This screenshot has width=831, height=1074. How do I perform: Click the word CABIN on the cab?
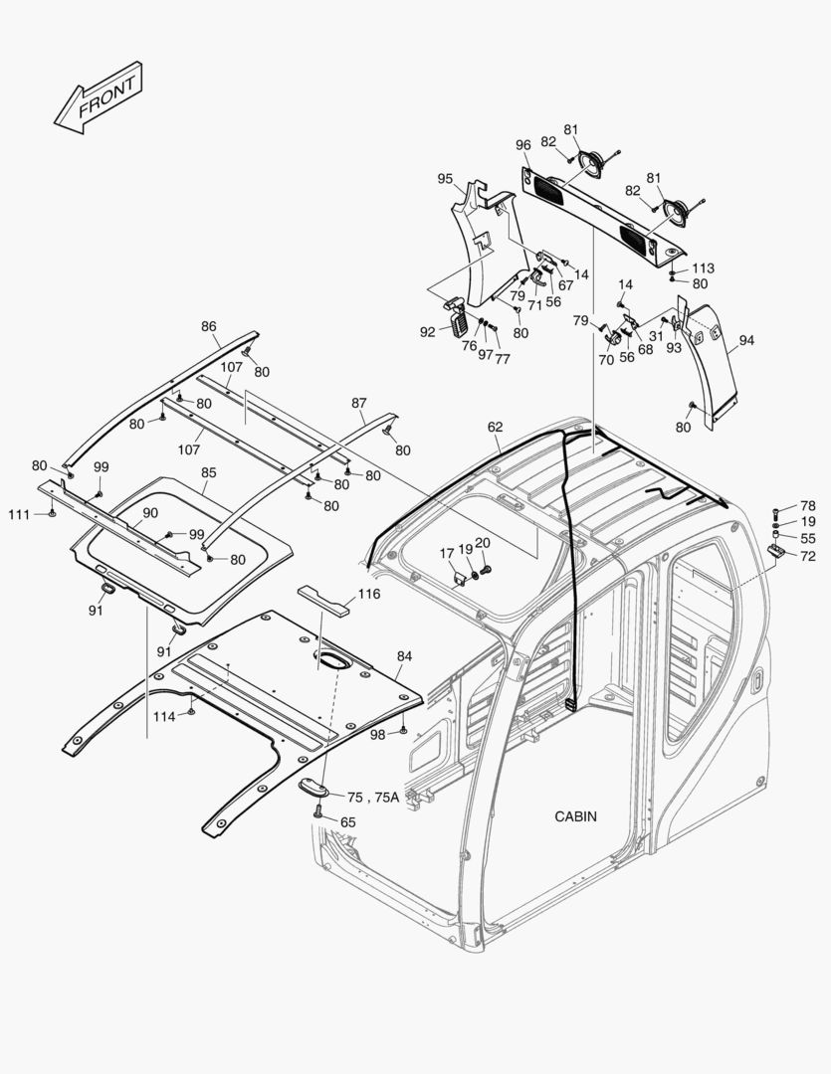coord(575,816)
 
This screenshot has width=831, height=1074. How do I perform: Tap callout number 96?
coord(523,145)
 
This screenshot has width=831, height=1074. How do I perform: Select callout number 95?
coord(445,179)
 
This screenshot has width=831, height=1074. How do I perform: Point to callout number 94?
coord(746,340)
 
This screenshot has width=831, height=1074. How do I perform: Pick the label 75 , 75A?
coord(373,798)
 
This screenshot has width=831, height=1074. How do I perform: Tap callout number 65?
coord(347,822)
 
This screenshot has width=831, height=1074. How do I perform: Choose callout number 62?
coord(495,427)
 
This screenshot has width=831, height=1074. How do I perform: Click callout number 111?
coord(19,513)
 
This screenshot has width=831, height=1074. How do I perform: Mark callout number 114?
coord(163,716)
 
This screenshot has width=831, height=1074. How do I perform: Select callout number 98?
coord(377,734)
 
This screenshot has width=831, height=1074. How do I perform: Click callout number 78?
coord(807,506)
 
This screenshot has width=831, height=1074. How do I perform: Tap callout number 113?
coord(703,268)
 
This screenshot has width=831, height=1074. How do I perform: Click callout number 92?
coord(427,332)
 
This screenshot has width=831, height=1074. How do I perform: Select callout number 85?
coord(208,472)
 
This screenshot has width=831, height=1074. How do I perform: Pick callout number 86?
coord(208,326)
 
